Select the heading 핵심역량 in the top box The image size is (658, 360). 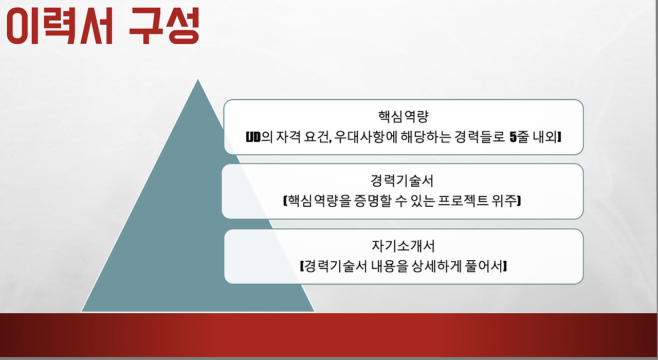point(404,115)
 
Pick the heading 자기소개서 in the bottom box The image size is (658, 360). point(403,246)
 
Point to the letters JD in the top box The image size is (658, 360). point(254,137)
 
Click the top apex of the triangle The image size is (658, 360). point(198,80)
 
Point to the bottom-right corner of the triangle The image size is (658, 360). point(314,311)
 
